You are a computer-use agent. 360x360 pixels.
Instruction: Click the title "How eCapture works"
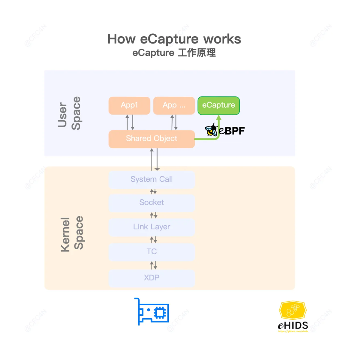click(174, 39)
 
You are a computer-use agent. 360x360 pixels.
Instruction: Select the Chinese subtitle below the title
click(174, 53)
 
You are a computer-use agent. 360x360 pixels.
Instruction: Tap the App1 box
click(129, 105)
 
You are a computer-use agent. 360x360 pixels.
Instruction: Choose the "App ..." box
click(174, 105)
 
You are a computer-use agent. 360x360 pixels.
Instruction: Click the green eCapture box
click(218, 105)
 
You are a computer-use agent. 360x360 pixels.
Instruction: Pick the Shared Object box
click(152, 139)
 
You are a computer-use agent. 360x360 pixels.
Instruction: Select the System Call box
click(152, 179)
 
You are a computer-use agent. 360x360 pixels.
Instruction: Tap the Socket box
click(152, 203)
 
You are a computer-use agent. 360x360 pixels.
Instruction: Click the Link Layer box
click(152, 227)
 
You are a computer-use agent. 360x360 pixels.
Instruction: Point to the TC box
click(152, 252)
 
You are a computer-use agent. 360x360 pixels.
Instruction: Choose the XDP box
click(152, 278)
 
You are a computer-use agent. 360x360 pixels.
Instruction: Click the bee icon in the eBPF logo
click(211, 130)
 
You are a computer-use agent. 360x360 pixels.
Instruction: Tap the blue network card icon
click(152, 311)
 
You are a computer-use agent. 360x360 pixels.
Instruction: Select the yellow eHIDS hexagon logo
click(292, 311)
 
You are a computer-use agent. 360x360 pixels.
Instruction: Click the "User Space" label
click(69, 113)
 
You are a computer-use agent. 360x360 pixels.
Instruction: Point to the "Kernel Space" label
click(72, 233)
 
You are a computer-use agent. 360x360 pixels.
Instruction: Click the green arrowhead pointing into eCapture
click(218, 119)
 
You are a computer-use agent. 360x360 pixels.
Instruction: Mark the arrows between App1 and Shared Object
click(130, 122)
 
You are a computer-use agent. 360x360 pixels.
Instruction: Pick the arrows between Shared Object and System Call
click(154, 160)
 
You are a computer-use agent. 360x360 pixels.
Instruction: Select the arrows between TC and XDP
click(154, 265)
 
